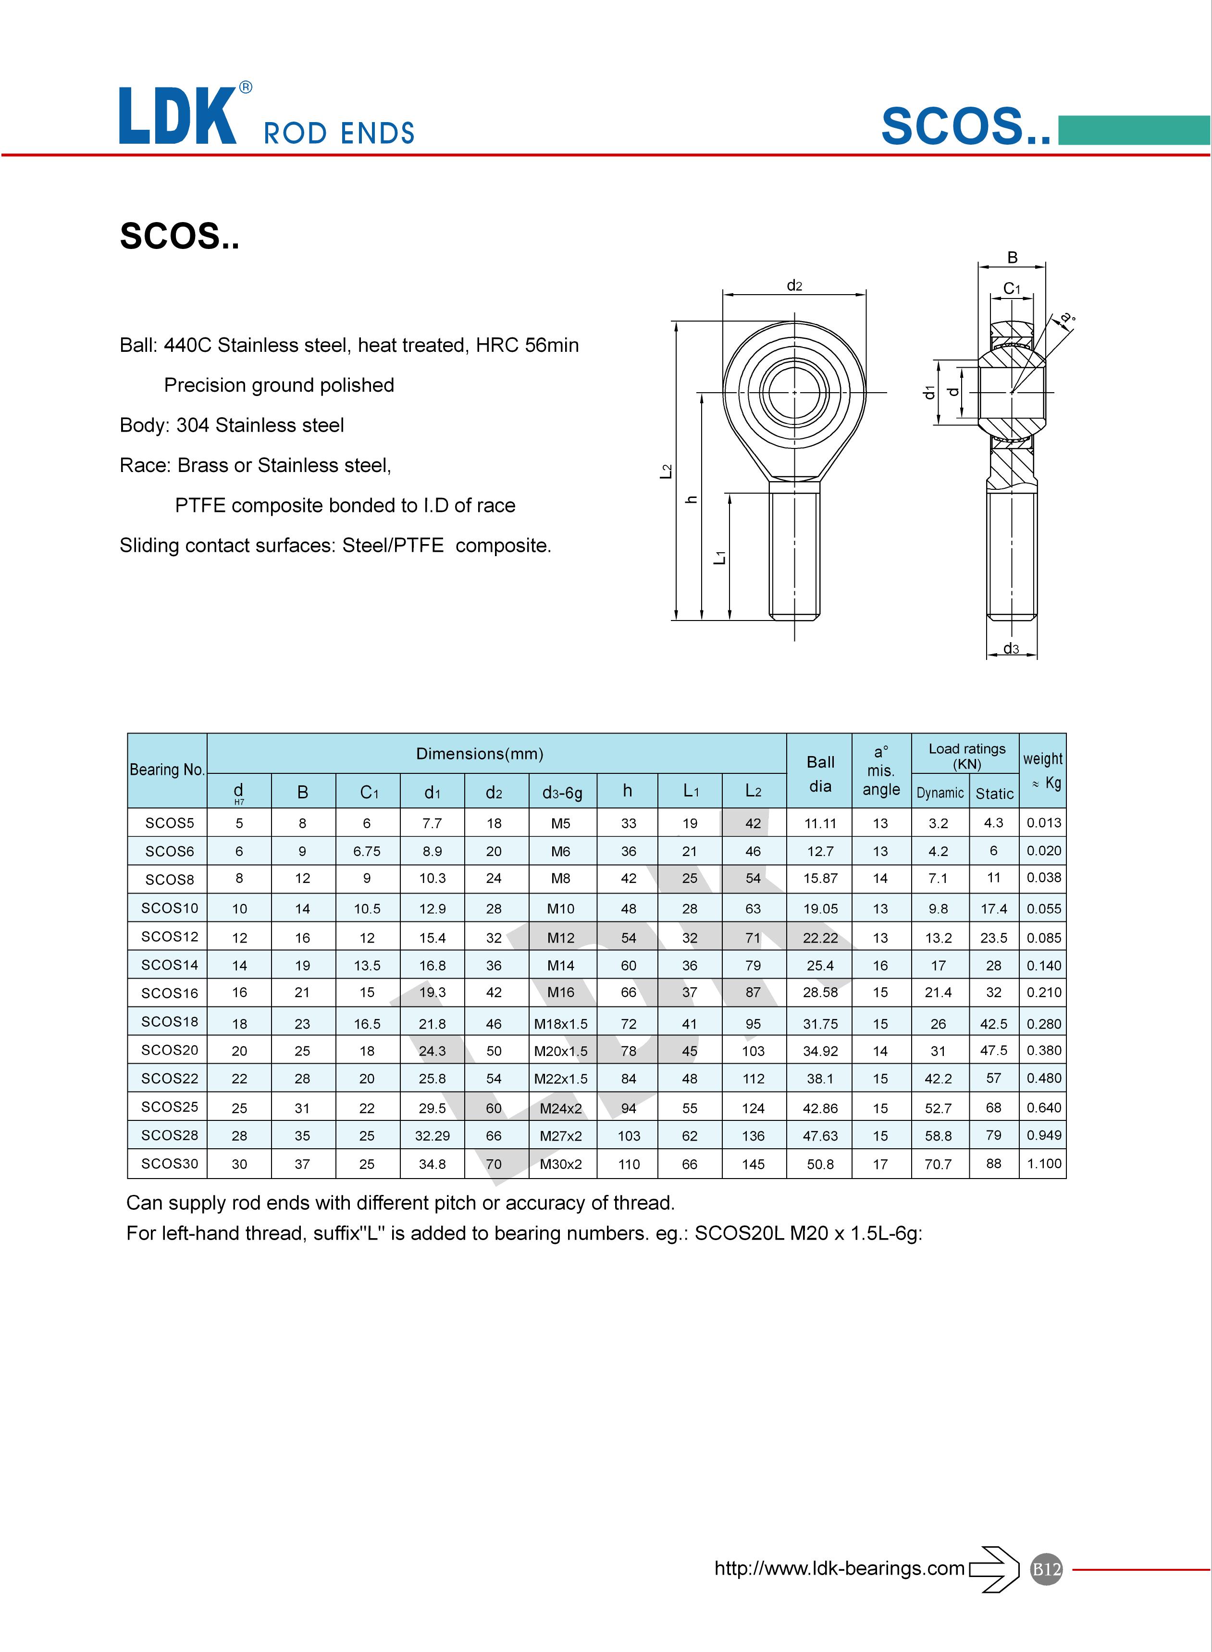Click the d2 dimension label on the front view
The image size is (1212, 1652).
click(794, 286)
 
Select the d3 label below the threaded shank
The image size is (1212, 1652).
click(1011, 648)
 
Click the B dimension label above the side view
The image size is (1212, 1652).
click(1013, 258)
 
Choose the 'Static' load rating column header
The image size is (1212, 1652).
click(994, 794)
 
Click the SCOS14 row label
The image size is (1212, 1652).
click(170, 965)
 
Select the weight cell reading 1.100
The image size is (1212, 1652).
click(1043, 1164)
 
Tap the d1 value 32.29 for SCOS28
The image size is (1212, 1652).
click(432, 1136)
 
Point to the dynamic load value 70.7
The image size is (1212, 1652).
click(939, 1164)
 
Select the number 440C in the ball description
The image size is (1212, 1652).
click(185, 346)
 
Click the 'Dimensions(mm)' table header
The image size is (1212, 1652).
click(480, 753)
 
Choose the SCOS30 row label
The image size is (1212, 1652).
click(170, 1164)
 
